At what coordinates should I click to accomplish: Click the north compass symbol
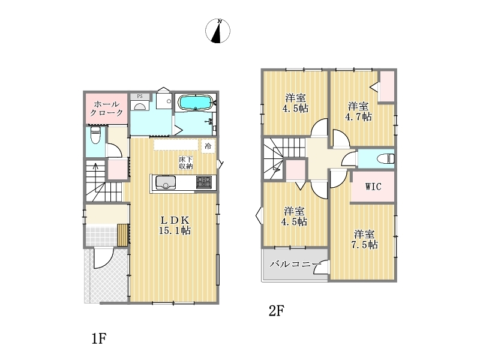coord(218,31)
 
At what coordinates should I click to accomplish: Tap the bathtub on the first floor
coord(196,102)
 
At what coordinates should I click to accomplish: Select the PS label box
coord(140,96)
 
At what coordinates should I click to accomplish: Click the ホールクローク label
coord(106,109)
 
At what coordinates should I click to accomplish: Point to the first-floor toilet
coord(95,135)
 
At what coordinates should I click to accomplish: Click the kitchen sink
coord(166,182)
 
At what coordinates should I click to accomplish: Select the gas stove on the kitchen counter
coord(203,182)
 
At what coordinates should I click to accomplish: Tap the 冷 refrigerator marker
coord(208,146)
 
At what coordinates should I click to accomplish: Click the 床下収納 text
coord(186,163)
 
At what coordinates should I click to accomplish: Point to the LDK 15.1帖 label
coord(175,225)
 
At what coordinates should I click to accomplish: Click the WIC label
coord(373,187)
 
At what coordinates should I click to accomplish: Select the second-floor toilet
coord(386,158)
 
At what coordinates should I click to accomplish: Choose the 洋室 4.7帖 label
coord(358,112)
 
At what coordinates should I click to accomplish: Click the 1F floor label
coord(99,338)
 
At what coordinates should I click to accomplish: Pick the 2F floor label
coord(277,311)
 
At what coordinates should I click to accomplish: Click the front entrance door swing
coord(104,259)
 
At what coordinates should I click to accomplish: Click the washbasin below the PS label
coord(140,106)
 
